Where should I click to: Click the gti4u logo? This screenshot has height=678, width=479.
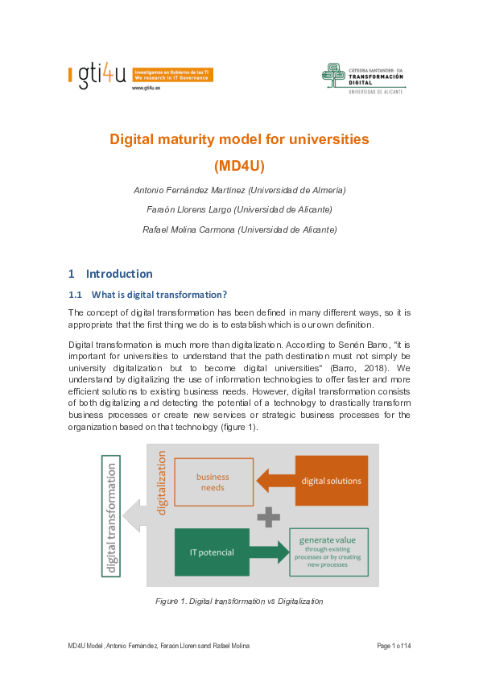pos(98,76)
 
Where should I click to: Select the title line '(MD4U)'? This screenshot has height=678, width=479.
pos(239,167)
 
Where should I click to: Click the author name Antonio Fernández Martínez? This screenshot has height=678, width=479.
pos(239,190)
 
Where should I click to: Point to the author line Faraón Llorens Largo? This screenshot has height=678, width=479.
pos(239,209)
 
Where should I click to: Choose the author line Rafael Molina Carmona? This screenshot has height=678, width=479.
pos(239,229)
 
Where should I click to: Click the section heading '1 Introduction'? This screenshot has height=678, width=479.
pos(110,273)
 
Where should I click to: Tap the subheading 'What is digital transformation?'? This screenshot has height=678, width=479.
pos(159,294)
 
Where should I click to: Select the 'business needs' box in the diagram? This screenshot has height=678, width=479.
pos(213,482)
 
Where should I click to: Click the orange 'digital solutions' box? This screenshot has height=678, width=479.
pos(332,481)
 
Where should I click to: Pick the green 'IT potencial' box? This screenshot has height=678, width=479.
pos(211,552)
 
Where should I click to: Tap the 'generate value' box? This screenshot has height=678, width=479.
pos(329,552)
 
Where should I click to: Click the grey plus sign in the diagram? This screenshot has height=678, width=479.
pos(270,516)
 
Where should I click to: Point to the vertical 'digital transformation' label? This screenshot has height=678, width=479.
pos(110,516)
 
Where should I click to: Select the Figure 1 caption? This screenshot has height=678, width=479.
pos(239,602)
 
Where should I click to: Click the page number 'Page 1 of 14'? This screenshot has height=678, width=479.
pos(394,647)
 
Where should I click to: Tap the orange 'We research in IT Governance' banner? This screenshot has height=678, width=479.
pos(171,75)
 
